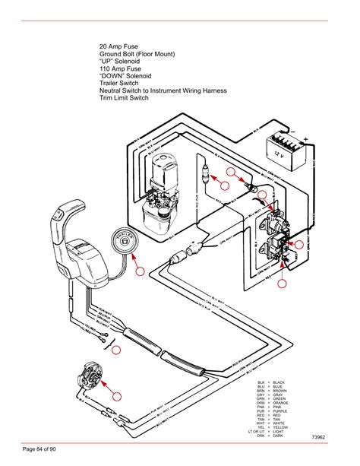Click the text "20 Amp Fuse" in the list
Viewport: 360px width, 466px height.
[119, 46]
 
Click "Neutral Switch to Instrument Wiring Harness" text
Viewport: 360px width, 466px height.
[174, 89]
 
